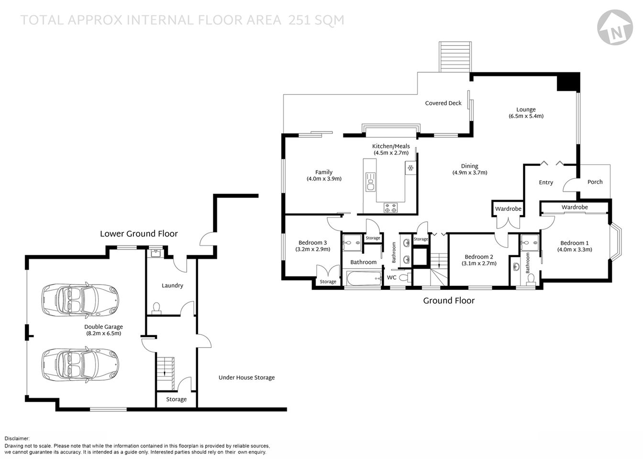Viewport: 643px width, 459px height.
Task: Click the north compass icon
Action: tap(614, 28)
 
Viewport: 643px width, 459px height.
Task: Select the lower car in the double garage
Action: tap(80, 364)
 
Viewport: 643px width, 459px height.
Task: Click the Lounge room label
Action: tap(526, 109)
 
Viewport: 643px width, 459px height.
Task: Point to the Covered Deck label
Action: tap(443, 103)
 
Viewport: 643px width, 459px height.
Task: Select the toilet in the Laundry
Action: tap(156, 308)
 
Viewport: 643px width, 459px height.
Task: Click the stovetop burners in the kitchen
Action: tap(390, 208)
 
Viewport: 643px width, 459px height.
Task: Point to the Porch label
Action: tap(595, 182)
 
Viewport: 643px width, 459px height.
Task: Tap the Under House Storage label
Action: tap(246, 378)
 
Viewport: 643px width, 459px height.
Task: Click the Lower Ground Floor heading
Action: tap(139, 234)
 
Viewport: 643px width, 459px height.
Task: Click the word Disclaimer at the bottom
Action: tap(17, 438)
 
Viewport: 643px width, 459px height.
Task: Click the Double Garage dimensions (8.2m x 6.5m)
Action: tap(103, 333)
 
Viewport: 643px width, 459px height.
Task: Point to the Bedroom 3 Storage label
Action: tap(328, 282)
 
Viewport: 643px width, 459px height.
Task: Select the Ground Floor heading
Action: tap(448, 301)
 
